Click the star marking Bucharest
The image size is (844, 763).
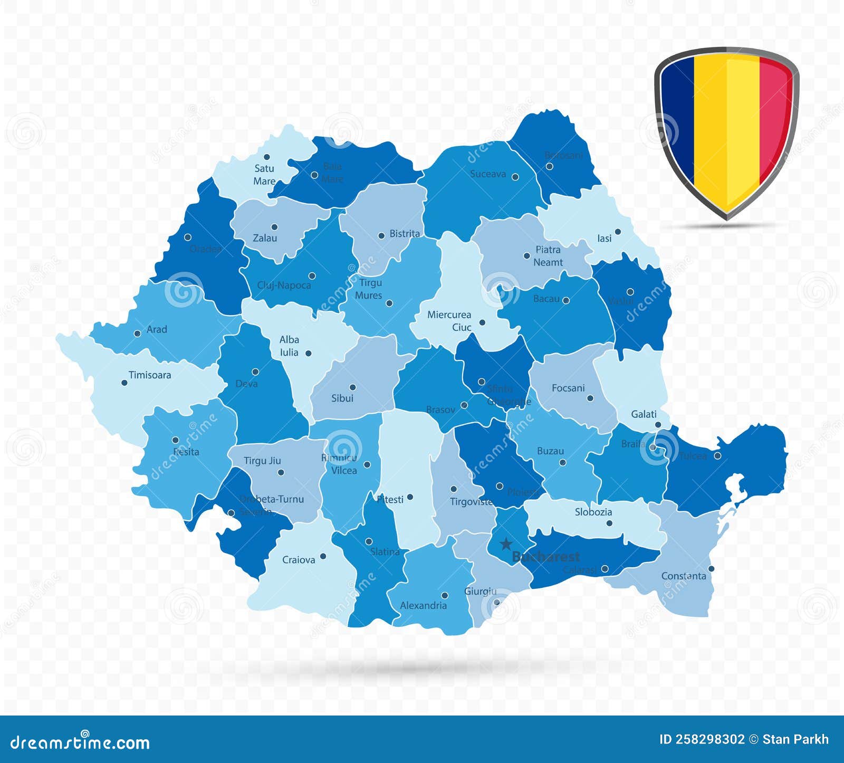coord(506,543)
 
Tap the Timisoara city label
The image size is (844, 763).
coord(150,375)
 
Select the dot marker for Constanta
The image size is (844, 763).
coord(711,569)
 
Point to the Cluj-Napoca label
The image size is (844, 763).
coord(284,285)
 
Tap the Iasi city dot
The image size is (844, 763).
coord(618,232)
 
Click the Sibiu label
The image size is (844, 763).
coord(342,398)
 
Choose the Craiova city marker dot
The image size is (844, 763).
coord(323,556)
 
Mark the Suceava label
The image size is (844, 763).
coord(488,174)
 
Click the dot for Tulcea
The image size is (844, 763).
coord(717,456)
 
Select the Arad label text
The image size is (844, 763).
coord(157,329)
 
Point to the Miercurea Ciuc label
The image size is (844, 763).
coord(449,321)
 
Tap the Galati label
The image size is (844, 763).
coord(644,414)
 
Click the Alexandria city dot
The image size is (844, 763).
coord(445,596)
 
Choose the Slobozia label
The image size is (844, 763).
coord(593,512)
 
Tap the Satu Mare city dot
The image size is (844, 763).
coord(267,157)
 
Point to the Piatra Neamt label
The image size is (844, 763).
coord(548,256)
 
